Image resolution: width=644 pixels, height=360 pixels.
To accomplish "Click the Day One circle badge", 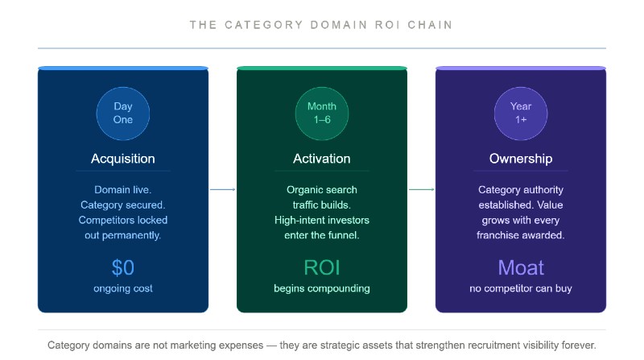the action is click(x=123, y=114).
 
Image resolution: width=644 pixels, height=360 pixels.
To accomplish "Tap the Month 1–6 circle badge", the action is click(x=321, y=114).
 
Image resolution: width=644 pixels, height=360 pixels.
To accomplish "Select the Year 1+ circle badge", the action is click(x=520, y=114).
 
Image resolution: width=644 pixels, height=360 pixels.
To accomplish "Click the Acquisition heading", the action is click(x=123, y=159).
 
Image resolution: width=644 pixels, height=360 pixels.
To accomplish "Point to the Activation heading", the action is click(x=321, y=159).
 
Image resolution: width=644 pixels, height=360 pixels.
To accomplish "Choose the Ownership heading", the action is click(x=520, y=159).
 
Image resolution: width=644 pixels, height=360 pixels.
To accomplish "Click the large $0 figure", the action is click(x=123, y=267).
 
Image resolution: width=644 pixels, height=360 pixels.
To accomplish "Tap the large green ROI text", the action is click(x=321, y=267).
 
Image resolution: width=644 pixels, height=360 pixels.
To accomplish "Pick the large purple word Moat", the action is click(x=521, y=267).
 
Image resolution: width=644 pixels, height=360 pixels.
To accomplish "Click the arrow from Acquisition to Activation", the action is click(x=223, y=189).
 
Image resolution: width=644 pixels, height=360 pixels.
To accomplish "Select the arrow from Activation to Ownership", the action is click(x=421, y=189).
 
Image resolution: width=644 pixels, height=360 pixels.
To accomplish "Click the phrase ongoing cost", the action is click(x=123, y=288).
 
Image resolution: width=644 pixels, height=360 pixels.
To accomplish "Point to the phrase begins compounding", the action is click(x=321, y=288).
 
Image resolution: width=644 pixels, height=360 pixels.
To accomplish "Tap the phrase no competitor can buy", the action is click(x=520, y=288).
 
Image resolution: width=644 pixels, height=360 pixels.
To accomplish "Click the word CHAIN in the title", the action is click(x=430, y=25).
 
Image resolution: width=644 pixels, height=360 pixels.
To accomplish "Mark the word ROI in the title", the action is click(x=387, y=25).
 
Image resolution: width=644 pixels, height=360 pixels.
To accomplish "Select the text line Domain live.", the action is click(x=123, y=190).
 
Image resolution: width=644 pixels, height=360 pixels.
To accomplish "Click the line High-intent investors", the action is click(x=321, y=221).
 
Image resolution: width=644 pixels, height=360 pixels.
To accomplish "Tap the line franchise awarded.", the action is click(x=520, y=235).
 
